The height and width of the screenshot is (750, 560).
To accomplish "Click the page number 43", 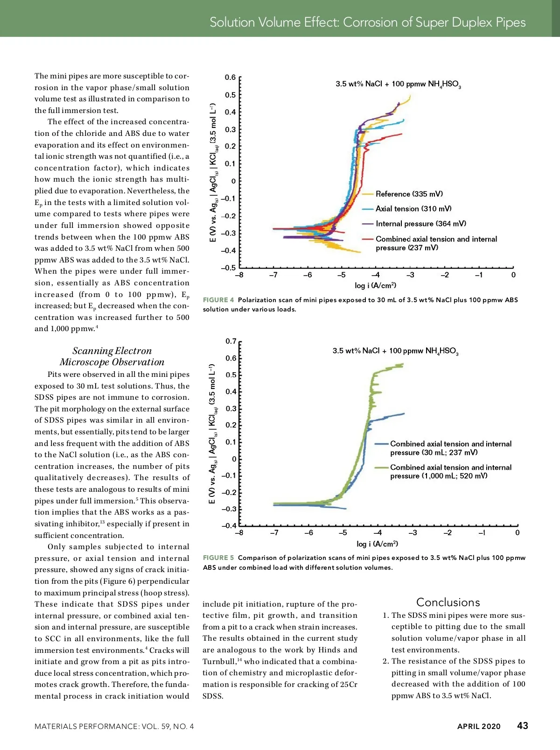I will (x=522, y=725).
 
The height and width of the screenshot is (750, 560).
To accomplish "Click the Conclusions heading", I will (x=448, y=602).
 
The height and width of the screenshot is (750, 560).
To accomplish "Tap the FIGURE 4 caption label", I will (x=218, y=300).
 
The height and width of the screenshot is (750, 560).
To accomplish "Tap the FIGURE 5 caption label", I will (x=218, y=558).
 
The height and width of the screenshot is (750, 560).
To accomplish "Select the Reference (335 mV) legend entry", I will (x=409, y=194).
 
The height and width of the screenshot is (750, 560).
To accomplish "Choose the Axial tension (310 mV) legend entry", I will (x=413, y=209).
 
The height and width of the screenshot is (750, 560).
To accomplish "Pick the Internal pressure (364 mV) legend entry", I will (x=420, y=224).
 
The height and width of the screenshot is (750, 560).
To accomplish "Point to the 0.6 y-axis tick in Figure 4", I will (x=230, y=78).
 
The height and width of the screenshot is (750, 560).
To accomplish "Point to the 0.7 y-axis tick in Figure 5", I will (x=231, y=341).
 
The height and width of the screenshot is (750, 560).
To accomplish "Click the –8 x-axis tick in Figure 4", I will (x=239, y=275).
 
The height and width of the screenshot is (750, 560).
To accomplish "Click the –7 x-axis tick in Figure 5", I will (x=274, y=533).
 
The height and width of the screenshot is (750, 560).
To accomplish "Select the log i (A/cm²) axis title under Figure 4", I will (x=375, y=285).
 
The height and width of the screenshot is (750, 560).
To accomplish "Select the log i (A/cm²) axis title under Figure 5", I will (x=377, y=544).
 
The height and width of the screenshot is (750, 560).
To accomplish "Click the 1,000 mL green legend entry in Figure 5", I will (x=450, y=472).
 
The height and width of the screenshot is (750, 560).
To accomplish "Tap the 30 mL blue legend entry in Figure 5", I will (x=450, y=448).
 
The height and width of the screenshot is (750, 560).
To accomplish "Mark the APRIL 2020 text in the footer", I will (x=479, y=726).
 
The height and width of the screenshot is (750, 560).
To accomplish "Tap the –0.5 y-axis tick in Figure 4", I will (x=229, y=268).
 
